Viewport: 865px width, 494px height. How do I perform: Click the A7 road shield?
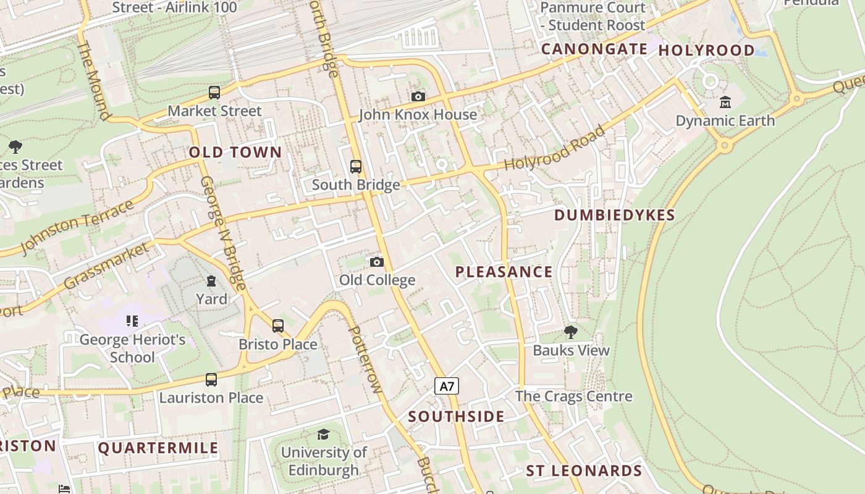pos(447,387)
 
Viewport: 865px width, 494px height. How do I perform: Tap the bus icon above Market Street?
pos(214,93)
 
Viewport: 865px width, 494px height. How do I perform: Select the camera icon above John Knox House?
pos(418,96)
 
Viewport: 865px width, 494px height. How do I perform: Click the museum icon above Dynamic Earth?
pos(725,102)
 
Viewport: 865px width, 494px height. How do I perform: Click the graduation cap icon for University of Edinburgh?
pos(323,434)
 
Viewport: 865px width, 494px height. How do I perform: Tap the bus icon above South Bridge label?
pos(356,166)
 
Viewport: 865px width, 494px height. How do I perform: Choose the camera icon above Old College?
pos(376,262)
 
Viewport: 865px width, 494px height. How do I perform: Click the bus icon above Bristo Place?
pos(278,325)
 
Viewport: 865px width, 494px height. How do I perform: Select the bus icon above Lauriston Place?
pos(211,379)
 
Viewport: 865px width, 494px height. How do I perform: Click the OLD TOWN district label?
pos(235,153)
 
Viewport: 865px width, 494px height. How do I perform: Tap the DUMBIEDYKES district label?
pos(614,215)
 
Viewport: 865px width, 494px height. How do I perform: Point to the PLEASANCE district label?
pos(504,272)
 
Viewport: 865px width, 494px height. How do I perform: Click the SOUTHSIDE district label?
pos(456,417)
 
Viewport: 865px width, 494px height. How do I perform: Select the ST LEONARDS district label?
pos(584,471)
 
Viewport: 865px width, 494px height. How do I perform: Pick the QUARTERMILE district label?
pos(158,448)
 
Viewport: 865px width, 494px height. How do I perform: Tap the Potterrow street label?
pos(365,359)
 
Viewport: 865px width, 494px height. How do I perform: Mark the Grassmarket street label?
pos(106,266)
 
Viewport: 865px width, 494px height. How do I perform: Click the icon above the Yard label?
pos(211,281)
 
